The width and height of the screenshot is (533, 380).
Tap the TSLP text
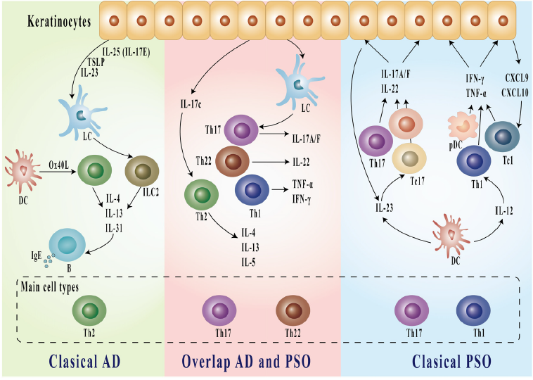[87, 62]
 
